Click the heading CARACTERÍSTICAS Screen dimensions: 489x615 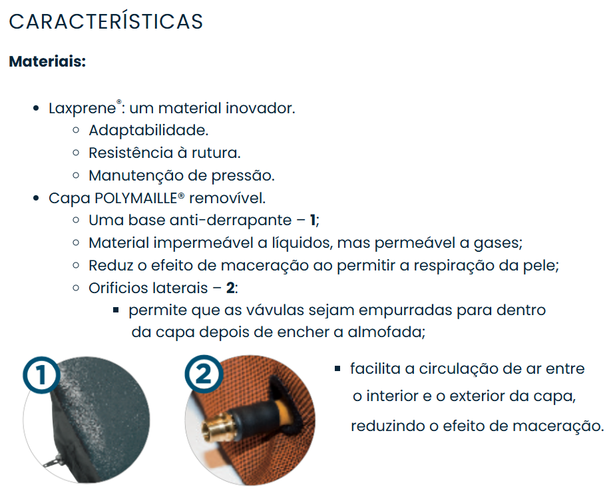[106, 21]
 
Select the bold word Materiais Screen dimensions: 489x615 [47, 62]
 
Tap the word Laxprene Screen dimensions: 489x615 [82, 109]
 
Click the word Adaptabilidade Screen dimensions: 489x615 [148, 131]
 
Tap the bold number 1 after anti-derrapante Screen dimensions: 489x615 [313, 221]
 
